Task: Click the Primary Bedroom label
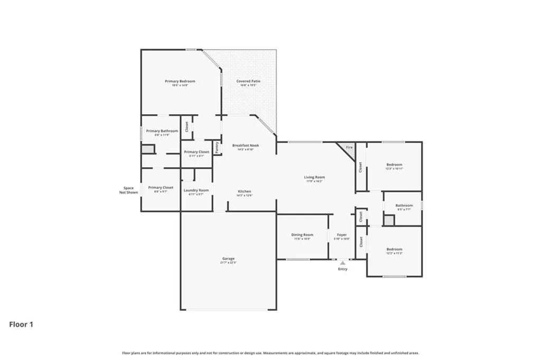pyautogui.click(x=180, y=81)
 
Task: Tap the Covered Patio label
pyautogui.click(x=248, y=81)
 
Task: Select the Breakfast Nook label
pyautogui.click(x=246, y=145)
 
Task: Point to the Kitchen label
pyautogui.click(x=244, y=191)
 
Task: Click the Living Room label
pyautogui.click(x=314, y=177)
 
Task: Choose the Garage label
pyautogui.click(x=228, y=259)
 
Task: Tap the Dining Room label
pyautogui.click(x=302, y=235)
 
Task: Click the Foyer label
pyautogui.click(x=342, y=235)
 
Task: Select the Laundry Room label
pyautogui.click(x=196, y=190)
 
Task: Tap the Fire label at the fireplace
pyautogui.click(x=349, y=147)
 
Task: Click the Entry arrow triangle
pyautogui.click(x=343, y=262)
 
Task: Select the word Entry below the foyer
pyautogui.click(x=343, y=269)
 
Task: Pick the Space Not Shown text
pyautogui.click(x=128, y=190)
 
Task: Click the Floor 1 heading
pyautogui.click(x=21, y=325)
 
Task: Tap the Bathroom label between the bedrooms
pyautogui.click(x=404, y=205)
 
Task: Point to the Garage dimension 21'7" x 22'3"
pyautogui.click(x=228, y=263)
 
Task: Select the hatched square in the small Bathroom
pyautogui.click(x=389, y=220)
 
